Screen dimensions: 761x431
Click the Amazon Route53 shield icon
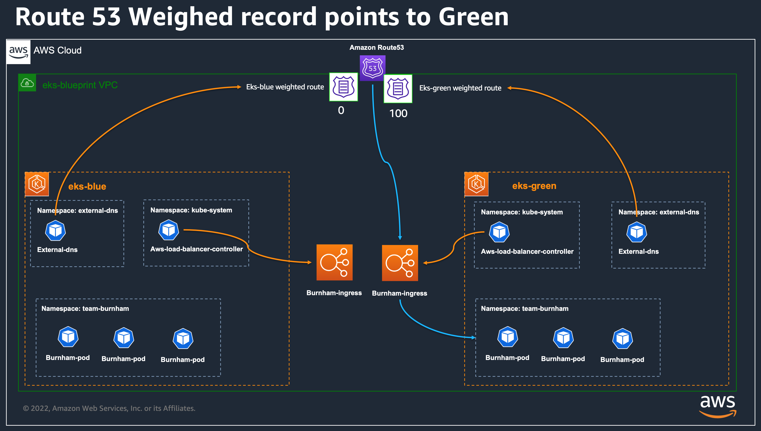pyautogui.click(x=373, y=68)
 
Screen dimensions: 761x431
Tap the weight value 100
pyautogui.click(x=398, y=113)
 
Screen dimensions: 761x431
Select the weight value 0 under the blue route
pyautogui.click(x=341, y=110)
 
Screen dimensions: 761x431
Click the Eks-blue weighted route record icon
pyautogui.click(x=344, y=87)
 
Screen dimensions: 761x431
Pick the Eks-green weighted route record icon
pyautogui.click(x=398, y=89)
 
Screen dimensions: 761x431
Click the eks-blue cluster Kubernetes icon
pyautogui.click(x=37, y=184)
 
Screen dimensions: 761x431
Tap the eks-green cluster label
pyautogui.click(x=534, y=186)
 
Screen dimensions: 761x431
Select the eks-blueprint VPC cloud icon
pyautogui.click(x=27, y=83)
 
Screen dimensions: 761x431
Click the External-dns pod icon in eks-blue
pyautogui.click(x=55, y=230)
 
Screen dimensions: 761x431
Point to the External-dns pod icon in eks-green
pyautogui.click(x=637, y=232)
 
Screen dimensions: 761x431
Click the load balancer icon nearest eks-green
pyautogui.click(x=400, y=263)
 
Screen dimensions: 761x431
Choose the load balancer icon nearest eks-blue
pyautogui.click(x=335, y=262)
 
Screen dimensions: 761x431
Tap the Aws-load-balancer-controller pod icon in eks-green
pyautogui.click(x=500, y=232)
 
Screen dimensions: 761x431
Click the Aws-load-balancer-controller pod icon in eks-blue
pyautogui.click(x=169, y=230)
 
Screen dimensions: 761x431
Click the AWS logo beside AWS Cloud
pyautogui.click(x=18, y=52)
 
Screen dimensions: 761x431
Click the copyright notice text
pyautogui.click(x=109, y=408)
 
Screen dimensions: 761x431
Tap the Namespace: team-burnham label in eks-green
pyautogui.click(x=525, y=308)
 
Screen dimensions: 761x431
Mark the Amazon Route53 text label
pyautogui.click(x=377, y=47)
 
